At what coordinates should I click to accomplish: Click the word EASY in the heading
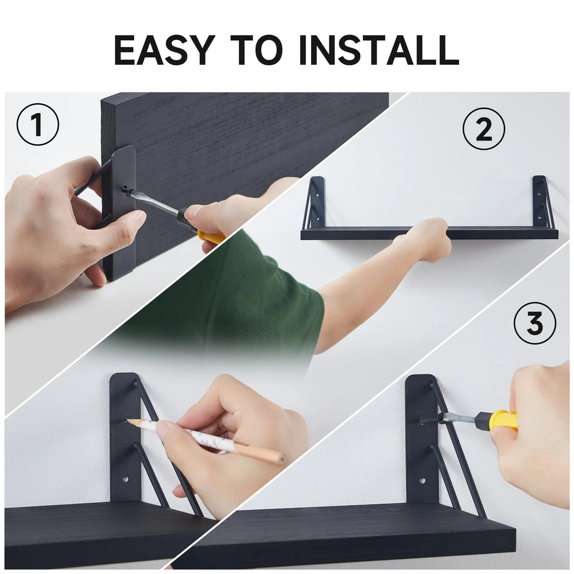163,50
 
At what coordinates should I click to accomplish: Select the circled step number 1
38,124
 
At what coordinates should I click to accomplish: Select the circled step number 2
483,129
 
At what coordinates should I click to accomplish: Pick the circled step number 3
535,323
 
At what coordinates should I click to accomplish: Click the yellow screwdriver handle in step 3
506,420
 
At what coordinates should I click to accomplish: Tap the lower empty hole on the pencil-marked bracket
127,479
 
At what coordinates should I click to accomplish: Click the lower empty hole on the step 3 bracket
422,480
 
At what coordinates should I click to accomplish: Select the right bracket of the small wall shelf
541,203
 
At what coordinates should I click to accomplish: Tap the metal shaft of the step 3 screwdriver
457,418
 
